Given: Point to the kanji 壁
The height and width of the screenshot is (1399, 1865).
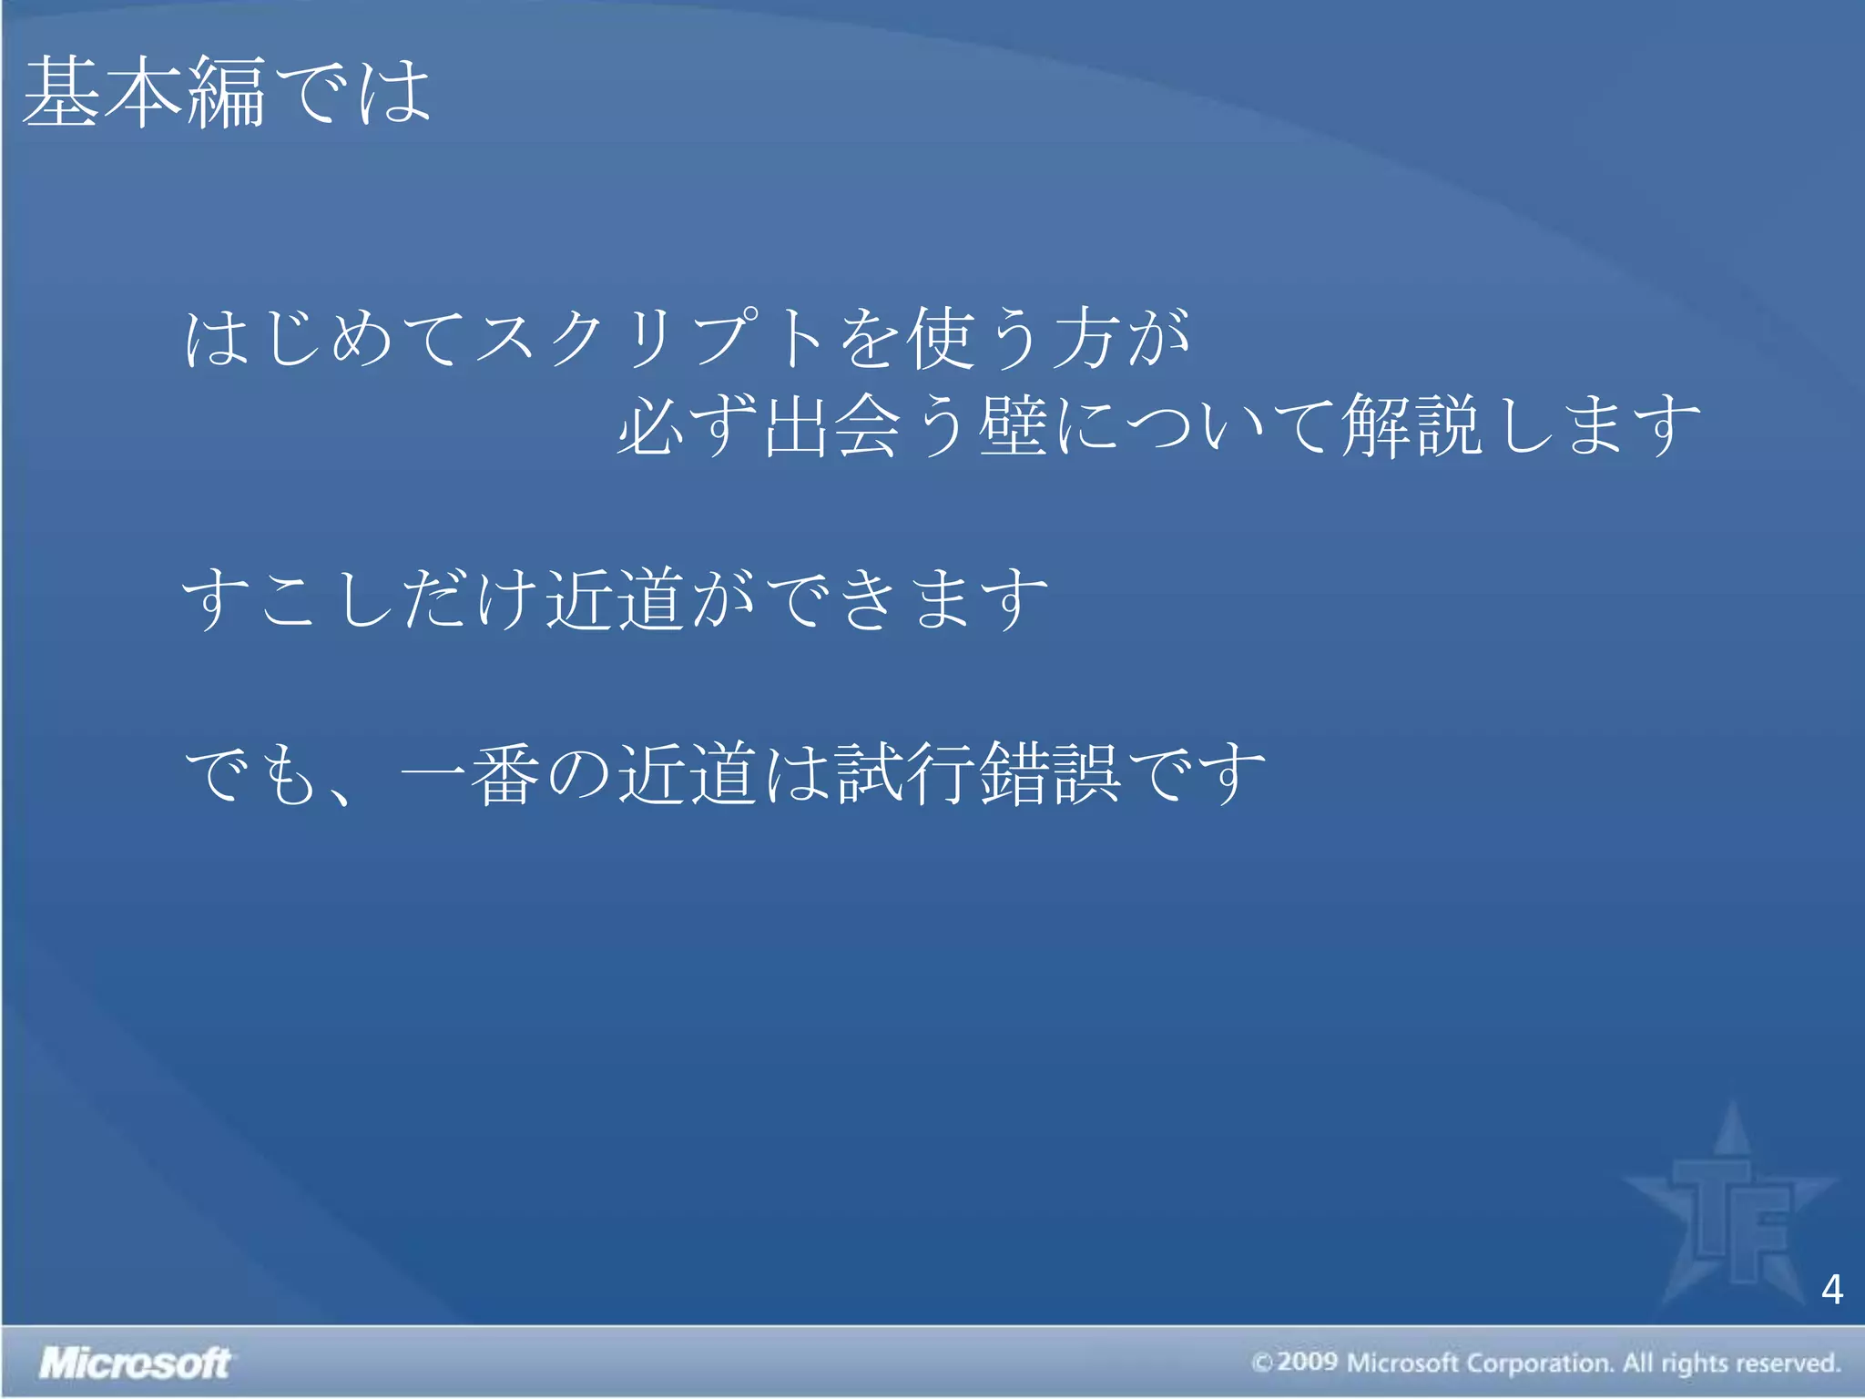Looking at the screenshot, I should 1013,426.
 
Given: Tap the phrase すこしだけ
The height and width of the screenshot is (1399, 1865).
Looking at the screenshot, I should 361,599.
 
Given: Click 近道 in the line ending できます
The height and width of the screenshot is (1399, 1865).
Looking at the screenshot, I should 616,599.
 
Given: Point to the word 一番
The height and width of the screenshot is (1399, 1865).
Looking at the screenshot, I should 470,774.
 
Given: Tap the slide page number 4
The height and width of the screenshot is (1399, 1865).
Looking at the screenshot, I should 1832,1290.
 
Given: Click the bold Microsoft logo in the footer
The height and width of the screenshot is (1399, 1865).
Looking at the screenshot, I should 135,1363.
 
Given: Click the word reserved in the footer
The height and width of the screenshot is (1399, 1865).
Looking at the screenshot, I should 1789,1363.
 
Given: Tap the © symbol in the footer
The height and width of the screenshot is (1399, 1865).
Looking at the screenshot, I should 1262,1363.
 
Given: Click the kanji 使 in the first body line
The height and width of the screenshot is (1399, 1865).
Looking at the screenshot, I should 943,339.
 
